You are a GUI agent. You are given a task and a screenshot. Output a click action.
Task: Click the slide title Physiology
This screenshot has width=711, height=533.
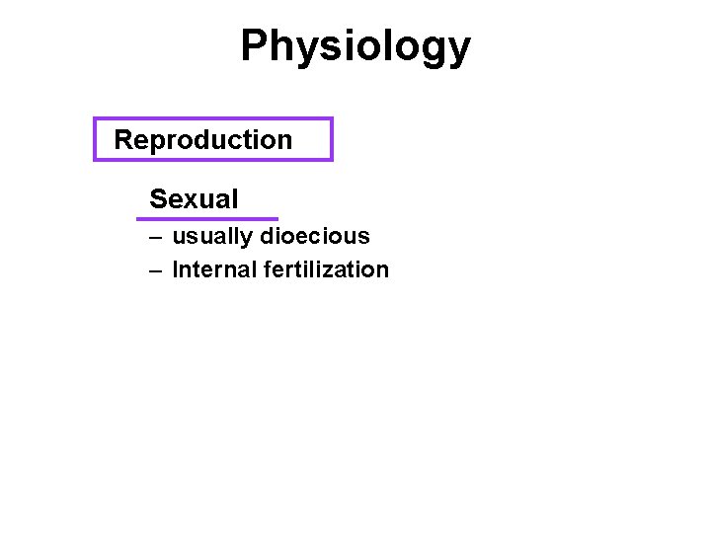[355, 46]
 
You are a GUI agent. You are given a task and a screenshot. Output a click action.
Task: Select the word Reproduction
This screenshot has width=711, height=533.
[203, 140]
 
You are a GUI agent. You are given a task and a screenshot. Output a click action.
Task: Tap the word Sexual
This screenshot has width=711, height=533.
[194, 199]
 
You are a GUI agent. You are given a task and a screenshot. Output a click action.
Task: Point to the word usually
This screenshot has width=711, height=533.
[212, 237]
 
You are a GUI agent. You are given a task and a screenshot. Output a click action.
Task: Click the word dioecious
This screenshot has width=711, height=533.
[315, 237]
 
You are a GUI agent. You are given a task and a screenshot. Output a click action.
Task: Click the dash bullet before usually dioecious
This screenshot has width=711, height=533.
[156, 237]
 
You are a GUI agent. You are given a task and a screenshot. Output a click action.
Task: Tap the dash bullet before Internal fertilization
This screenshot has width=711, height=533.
[156, 269]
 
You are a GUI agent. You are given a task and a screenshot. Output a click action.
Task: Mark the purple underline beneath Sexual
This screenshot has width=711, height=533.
[207, 218]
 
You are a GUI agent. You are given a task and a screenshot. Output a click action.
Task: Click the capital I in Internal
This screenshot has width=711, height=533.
[175, 269]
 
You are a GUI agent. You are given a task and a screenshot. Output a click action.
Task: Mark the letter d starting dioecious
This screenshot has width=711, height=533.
[267, 237]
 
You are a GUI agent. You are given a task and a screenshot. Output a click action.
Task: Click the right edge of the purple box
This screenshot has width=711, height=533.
[332, 139]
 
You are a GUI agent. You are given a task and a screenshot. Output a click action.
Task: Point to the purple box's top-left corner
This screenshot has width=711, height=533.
[95, 119]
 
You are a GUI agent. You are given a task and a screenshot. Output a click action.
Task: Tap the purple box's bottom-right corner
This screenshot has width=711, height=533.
[332, 159]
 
